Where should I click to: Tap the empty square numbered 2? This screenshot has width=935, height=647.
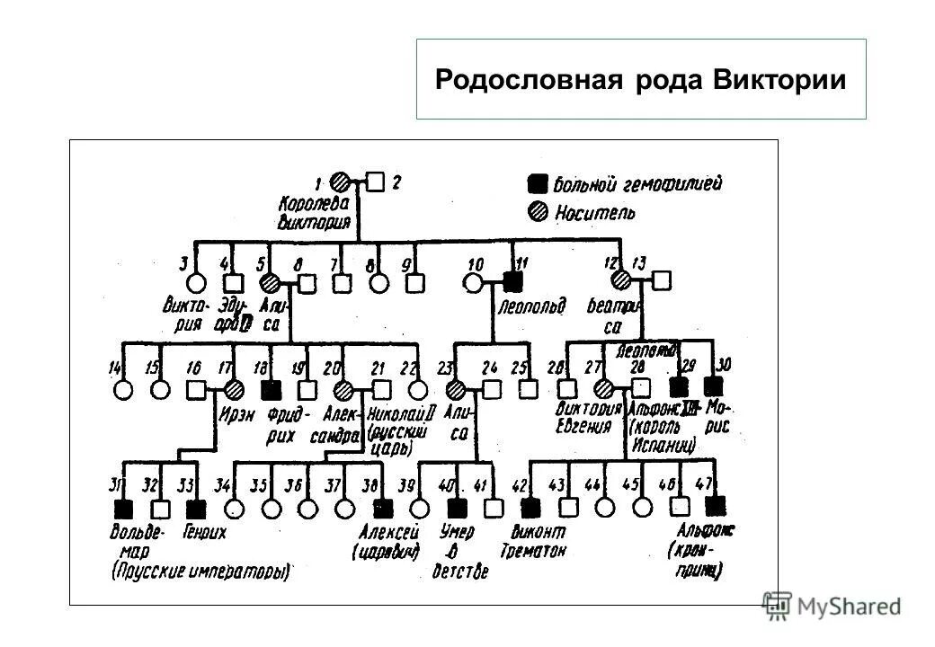click(376, 182)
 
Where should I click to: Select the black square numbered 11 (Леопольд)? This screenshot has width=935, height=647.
click(513, 282)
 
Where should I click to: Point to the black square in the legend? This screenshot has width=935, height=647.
click(537, 184)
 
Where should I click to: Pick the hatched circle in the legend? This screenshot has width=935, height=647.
click(537, 213)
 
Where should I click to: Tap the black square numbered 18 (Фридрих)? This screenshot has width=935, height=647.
click(270, 389)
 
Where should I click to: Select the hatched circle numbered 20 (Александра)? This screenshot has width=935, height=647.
click(343, 389)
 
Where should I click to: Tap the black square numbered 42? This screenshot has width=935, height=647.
click(530, 506)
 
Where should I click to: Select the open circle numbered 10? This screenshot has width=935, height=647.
click(474, 282)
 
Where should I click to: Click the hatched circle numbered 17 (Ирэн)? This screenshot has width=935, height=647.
click(234, 389)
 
